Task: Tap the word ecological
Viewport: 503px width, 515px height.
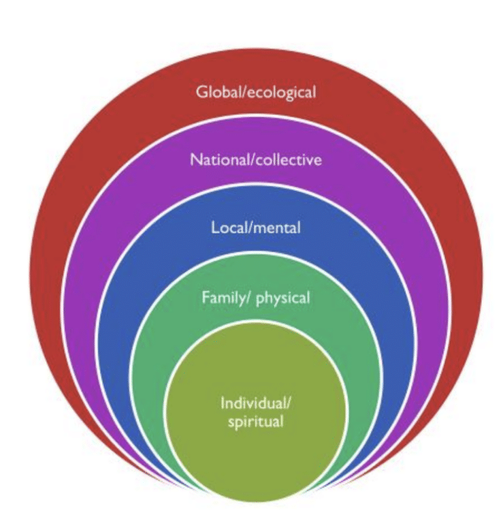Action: [x=280, y=93]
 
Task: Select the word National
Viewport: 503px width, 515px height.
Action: [x=215, y=160]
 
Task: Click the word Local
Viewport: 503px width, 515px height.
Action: [x=228, y=228]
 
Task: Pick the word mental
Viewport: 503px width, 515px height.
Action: [x=276, y=228]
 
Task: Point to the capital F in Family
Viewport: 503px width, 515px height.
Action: [x=205, y=298]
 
